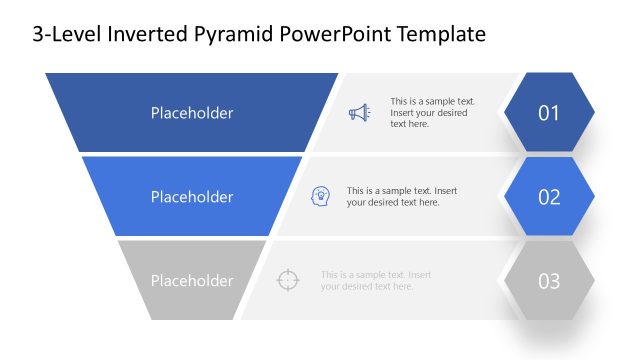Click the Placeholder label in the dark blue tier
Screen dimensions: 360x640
pos(192,113)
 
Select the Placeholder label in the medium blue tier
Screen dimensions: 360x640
pos(192,197)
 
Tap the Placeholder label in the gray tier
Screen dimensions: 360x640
pos(192,281)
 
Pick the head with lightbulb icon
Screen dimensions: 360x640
pos(321,196)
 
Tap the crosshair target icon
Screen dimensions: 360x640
pos(287,280)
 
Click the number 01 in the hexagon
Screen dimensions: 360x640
pos(549,113)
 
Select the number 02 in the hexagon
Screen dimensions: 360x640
pos(549,197)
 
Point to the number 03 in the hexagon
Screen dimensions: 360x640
pos(549,281)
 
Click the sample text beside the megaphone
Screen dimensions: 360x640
pos(432,113)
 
